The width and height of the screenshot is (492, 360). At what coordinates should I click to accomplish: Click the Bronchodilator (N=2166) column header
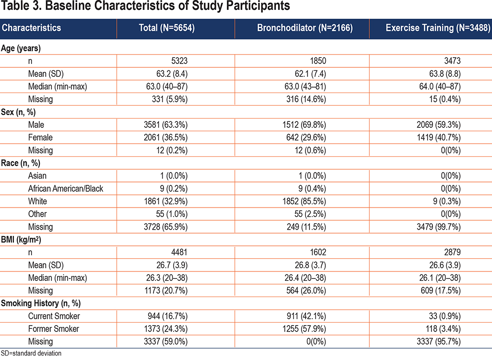pyautogui.click(x=305, y=28)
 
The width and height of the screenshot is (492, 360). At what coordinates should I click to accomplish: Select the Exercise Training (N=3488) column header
pyautogui.click(x=438, y=28)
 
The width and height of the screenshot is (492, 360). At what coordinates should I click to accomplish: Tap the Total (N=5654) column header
pyautogui.click(x=167, y=28)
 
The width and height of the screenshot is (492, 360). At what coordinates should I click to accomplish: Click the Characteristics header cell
pyautogui.click(x=31, y=28)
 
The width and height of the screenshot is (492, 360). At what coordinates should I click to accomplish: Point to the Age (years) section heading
pyautogui.click(x=21, y=48)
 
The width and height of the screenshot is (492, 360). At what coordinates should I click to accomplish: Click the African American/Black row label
pyautogui.click(x=65, y=188)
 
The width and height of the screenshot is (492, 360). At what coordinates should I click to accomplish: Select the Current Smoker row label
pyautogui.click(x=54, y=316)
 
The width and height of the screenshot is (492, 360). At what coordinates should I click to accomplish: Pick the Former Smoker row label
pyautogui.click(x=54, y=329)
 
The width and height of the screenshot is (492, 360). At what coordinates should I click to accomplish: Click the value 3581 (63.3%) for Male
pyautogui.click(x=166, y=125)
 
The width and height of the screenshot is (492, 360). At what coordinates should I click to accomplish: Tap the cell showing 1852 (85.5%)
pyautogui.click(x=304, y=201)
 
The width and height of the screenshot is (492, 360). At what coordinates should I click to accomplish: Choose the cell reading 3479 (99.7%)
pyautogui.click(x=439, y=227)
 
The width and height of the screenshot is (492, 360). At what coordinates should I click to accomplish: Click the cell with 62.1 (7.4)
pyautogui.click(x=310, y=74)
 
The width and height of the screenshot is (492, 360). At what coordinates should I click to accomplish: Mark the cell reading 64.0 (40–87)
pyautogui.click(x=440, y=87)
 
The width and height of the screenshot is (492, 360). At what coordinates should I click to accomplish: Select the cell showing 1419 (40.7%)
pyautogui.click(x=439, y=137)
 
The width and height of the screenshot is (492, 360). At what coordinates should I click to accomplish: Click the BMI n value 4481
pyautogui.click(x=179, y=252)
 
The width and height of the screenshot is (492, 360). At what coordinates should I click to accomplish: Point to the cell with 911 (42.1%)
pyautogui.click(x=306, y=316)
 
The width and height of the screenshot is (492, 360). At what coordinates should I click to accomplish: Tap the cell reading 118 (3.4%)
pyautogui.click(x=443, y=329)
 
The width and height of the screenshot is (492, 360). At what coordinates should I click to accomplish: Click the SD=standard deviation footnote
pyautogui.click(x=31, y=354)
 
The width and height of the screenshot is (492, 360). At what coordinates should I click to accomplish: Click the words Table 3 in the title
pyautogui.click(x=21, y=5)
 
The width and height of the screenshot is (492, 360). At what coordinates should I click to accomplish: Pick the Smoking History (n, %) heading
pyautogui.click(x=41, y=303)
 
